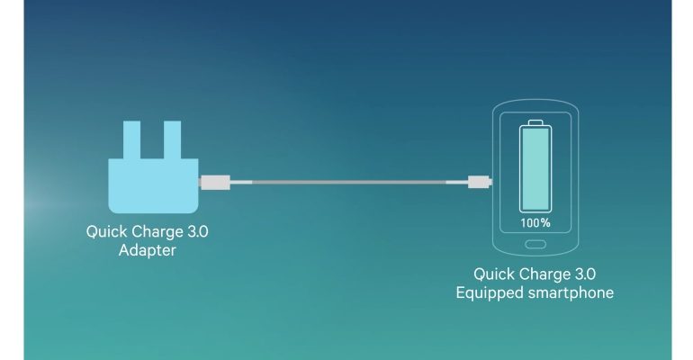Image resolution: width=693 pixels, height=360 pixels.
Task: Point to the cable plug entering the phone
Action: coord(479,182)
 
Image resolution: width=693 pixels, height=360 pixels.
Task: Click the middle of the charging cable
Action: coord(348,182)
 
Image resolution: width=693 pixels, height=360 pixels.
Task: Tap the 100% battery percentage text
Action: coord(535,222)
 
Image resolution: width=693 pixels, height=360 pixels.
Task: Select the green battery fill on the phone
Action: coord(535,169)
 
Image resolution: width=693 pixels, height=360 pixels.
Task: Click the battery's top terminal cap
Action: coord(535,122)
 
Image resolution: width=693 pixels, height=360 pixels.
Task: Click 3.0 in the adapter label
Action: coord(198,231)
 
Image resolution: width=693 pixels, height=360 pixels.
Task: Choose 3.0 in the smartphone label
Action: coord(581,274)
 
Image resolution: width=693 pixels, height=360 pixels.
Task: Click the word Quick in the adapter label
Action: coord(106,231)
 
